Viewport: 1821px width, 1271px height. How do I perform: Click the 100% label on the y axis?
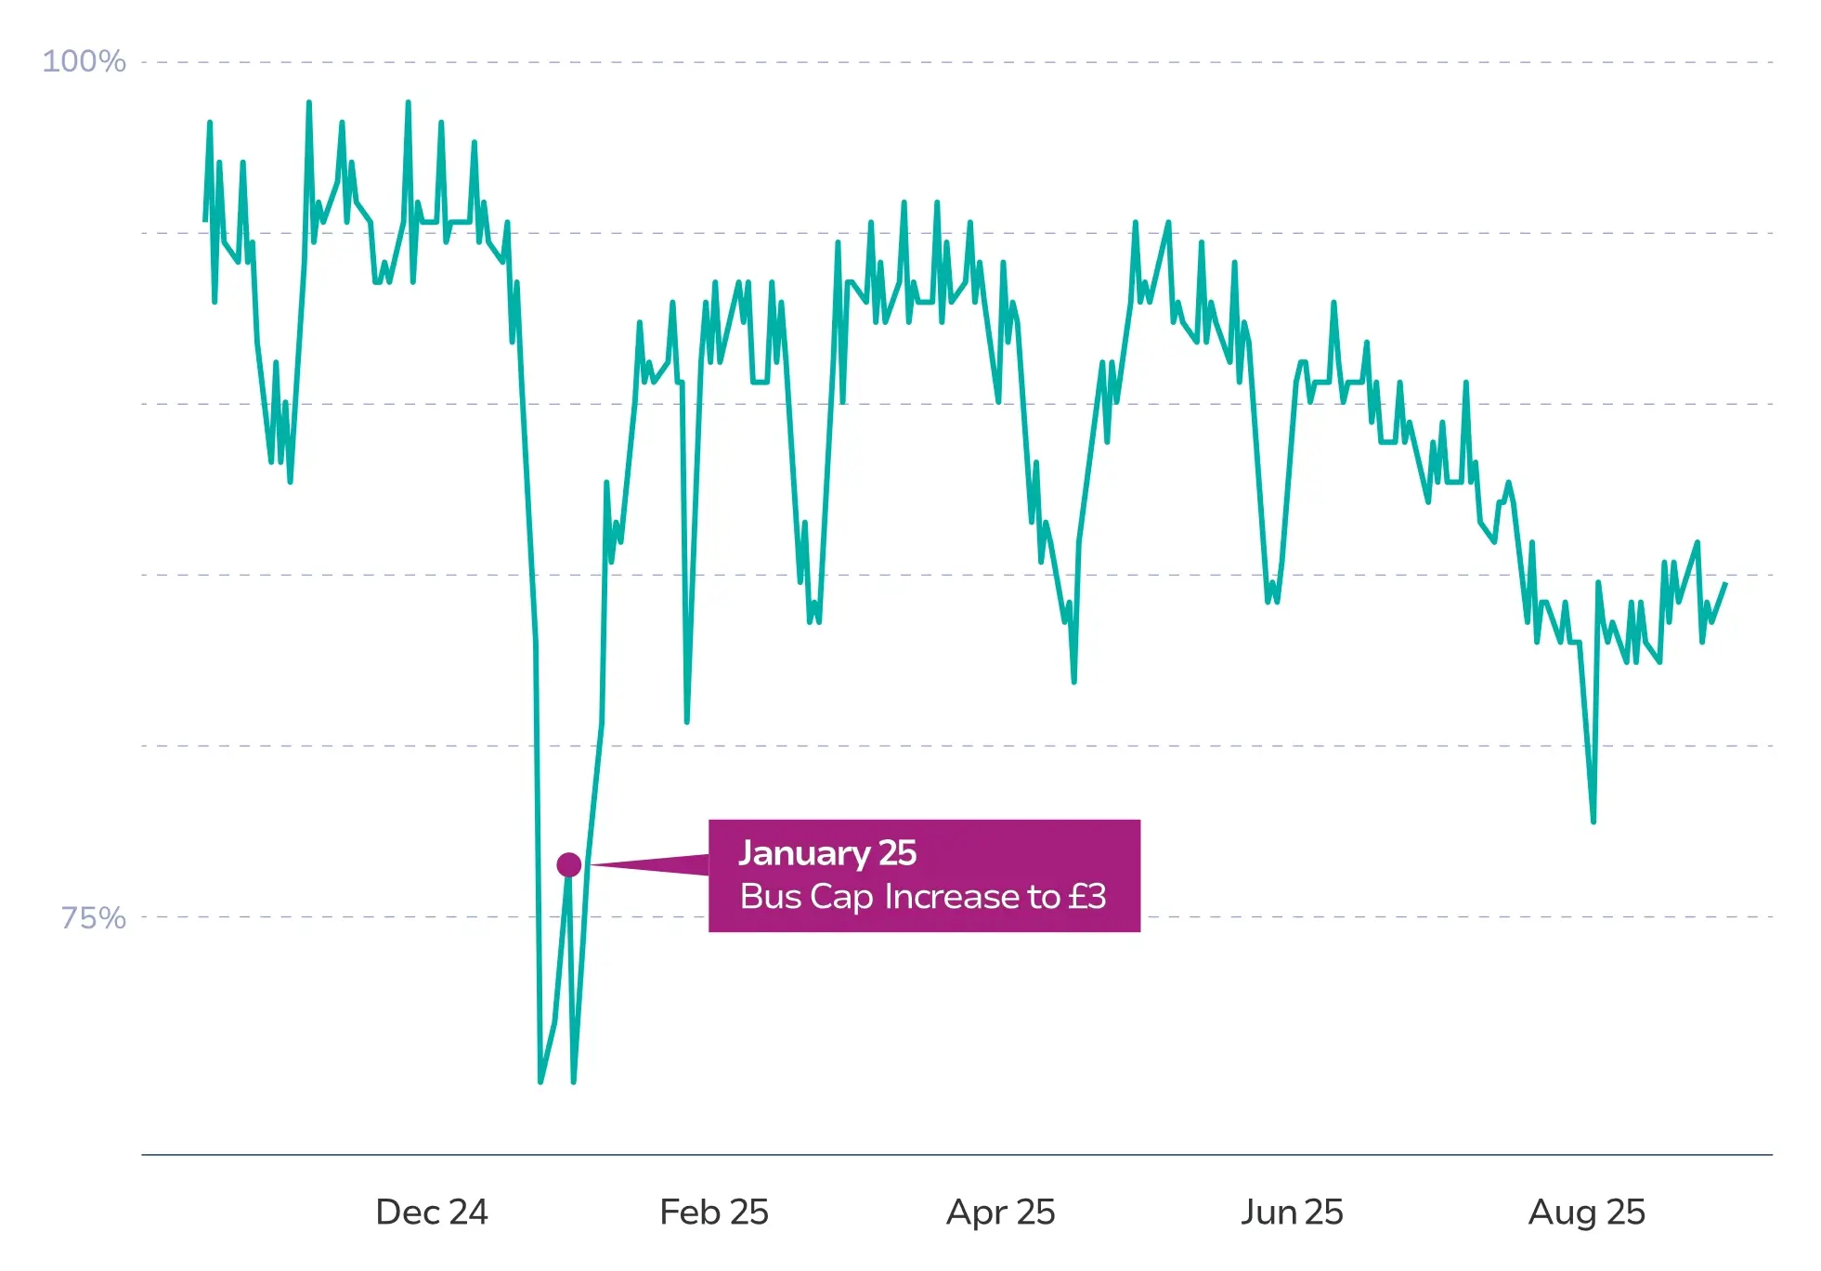[x=84, y=61]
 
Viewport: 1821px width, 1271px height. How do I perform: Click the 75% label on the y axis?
[x=93, y=917]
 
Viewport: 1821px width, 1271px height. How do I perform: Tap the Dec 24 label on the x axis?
[x=431, y=1212]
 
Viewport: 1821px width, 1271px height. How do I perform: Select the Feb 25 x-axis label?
[x=713, y=1212]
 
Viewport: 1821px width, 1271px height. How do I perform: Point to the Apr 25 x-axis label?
[x=1000, y=1212]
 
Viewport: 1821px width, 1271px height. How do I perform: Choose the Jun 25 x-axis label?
[x=1292, y=1212]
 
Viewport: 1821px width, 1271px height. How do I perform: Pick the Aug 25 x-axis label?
[x=1586, y=1212]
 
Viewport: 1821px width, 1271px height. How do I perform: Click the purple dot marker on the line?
[x=569, y=865]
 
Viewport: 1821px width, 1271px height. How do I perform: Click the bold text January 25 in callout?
[x=827, y=852]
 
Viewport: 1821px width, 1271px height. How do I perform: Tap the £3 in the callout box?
[x=1086, y=897]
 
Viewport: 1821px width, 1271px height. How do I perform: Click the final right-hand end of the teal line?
[x=1725, y=583]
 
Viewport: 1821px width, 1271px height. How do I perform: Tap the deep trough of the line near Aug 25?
[x=1593, y=822]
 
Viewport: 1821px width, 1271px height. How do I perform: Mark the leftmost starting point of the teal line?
[x=205, y=220]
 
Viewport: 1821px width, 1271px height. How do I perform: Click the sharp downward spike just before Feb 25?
[x=686, y=721]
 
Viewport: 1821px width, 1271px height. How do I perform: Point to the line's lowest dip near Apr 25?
[x=1073, y=682]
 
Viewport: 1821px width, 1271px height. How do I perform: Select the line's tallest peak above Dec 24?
[x=408, y=102]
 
